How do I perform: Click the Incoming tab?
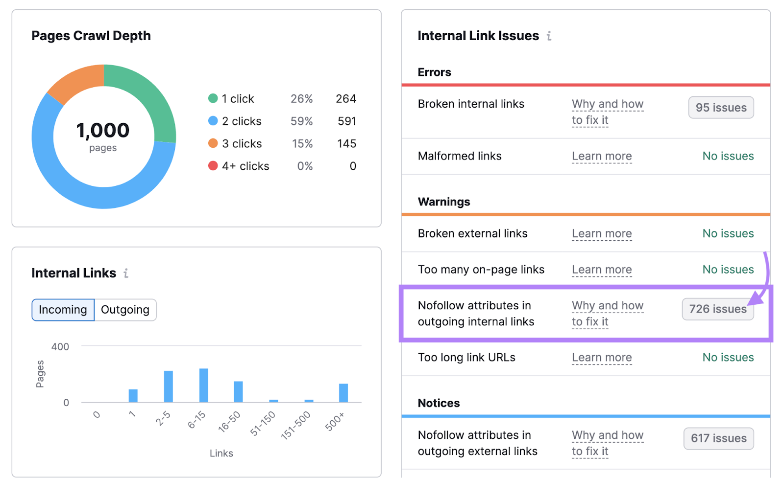(63, 310)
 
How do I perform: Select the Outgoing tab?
(125, 310)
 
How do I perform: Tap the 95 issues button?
(721, 108)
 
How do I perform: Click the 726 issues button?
(717, 309)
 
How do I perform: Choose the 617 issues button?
(718, 438)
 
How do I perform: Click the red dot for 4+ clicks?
(213, 166)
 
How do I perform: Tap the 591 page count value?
(347, 121)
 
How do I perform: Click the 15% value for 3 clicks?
(302, 144)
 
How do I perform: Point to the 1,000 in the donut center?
(103, 131)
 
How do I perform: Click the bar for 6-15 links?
(204, 386)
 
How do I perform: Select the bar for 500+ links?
(343, 393)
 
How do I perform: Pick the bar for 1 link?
(133, 396)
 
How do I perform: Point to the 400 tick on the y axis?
(60, 347)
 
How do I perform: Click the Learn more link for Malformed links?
(602, 157)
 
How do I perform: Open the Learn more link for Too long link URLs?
(602, 358)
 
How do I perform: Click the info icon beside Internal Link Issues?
(549, 36)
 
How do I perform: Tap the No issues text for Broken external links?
(728, 234)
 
